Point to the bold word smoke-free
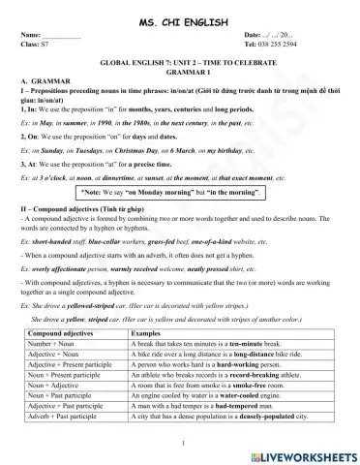coord(255,385)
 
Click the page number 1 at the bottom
coord(180,444)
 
